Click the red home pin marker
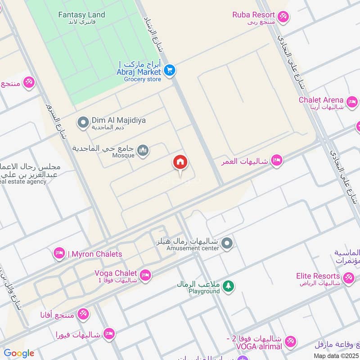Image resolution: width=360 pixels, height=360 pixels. [180, 163]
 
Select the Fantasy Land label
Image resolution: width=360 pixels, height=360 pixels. [81, 15]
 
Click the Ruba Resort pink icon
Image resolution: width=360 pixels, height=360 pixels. [283, 17]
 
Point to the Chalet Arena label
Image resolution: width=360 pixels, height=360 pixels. [321, 100]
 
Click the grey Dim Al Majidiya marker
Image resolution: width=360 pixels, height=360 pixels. [83, 122]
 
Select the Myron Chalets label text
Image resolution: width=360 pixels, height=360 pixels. [95, 254]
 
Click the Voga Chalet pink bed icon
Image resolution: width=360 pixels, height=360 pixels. [145, 275]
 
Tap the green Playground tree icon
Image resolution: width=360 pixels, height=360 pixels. [229, 286]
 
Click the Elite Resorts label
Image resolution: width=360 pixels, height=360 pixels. [318, 276]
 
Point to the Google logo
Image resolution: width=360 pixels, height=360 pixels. [19, 353]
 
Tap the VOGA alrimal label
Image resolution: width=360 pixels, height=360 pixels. [259, 346]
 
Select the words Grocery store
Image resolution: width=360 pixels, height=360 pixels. [142, 79]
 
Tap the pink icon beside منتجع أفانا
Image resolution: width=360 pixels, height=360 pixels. [83, 314]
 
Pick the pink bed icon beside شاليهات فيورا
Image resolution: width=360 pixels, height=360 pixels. [108, 334]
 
